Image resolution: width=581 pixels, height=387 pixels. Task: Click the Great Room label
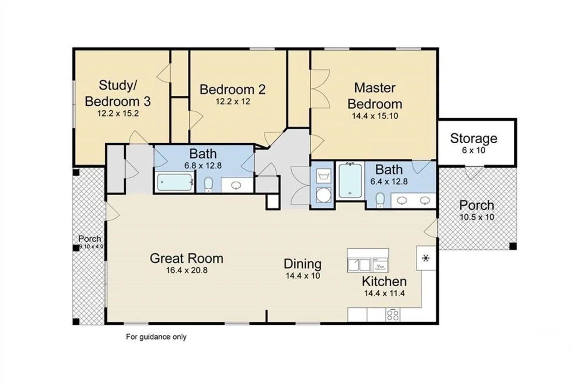(x=187, y=258)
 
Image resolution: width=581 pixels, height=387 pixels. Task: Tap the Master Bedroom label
(x=375, y=96)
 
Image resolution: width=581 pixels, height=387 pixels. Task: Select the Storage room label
(x=474, y=138)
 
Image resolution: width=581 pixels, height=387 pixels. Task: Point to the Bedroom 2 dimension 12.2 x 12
(x=233, y=101)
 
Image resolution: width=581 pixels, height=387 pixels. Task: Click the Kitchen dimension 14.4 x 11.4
(x=384, y=293)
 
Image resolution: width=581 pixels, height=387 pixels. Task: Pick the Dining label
(x=302, y=264)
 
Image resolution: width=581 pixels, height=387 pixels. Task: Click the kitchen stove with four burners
(x=393, y=315)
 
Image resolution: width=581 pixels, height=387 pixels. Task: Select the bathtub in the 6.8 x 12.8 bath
(x=174, y=182)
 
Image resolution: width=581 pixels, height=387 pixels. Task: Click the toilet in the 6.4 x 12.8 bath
(x=380, y=200)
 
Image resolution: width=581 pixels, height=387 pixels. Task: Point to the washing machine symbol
(x=323, y=176)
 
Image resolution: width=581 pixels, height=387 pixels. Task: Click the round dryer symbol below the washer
(x=323, y=195)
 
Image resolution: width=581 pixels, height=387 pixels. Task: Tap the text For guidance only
(x=156, y=337)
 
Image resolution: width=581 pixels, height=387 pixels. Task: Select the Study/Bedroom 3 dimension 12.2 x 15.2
(x=118, y=114)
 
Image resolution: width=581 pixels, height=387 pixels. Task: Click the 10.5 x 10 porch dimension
(x=477, y=217)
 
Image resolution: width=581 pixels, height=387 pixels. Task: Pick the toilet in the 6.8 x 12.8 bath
(x=208, y=185)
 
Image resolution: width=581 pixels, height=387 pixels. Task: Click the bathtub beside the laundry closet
(x=350, y=180)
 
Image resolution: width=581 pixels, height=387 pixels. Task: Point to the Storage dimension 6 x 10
(x=473, y=150)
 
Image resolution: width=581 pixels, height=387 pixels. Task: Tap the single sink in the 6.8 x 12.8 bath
(x=236, y=185)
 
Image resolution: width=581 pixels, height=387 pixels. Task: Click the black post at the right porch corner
(x=513, y=246)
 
